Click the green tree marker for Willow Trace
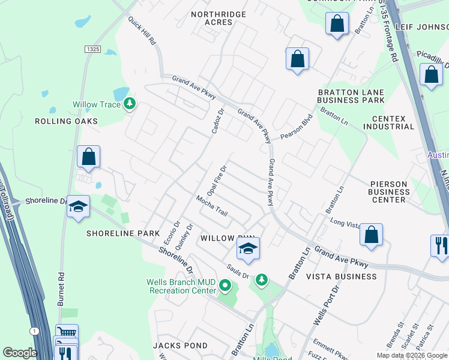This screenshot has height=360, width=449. [129, 104]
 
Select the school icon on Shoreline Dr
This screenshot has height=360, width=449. [77, 207]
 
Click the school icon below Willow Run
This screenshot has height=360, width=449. [247, 249]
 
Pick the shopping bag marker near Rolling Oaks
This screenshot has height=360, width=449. [89, 157]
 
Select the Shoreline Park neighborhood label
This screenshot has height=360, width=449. [123, 233]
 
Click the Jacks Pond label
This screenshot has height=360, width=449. [180, 346]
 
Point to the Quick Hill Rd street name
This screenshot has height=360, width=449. [142, 32]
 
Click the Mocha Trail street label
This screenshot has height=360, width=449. [212, 205]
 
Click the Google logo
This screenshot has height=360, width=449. [20, 353]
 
